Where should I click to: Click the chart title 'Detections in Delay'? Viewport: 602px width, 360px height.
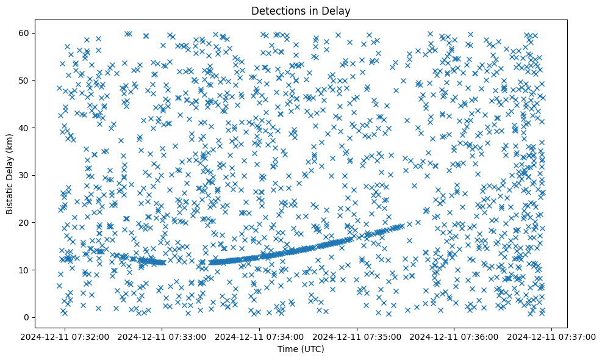(x=301, y=10)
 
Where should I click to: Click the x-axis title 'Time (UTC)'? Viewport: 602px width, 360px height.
(x=301, y=350)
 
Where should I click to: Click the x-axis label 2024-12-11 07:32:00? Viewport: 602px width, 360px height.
(x=65, y=337)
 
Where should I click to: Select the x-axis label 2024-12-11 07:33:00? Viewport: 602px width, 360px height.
(x=163, y=337)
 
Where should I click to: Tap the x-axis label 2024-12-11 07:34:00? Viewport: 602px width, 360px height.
(x=260, y=337)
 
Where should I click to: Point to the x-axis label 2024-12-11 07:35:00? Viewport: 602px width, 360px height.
(x=358, y=337)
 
